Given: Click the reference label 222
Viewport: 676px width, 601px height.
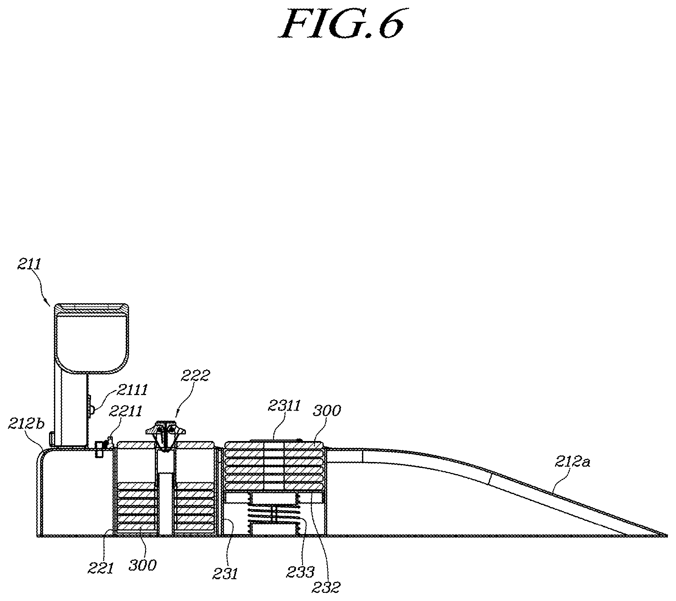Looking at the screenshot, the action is pyautogui.click(x=195, y=376).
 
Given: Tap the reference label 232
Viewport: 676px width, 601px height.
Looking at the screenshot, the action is pyautogui.click(x=326, y=587).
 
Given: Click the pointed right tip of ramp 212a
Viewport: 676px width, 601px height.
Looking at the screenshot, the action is pyautogui.click(x=667, y=536).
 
